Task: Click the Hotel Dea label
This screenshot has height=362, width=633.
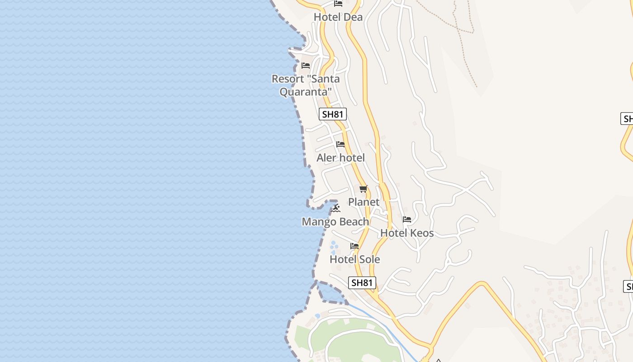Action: pos(338,17)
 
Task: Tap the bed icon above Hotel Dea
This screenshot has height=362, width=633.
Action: pos(338,4)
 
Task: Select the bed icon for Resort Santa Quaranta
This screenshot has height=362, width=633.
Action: pos(306,66)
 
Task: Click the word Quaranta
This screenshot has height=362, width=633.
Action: pos(306,92)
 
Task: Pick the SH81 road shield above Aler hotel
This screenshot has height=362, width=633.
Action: pos(333,114)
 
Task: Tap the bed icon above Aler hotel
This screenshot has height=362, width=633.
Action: pos(340,144)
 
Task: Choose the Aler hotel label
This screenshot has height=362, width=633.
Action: pos(340,158)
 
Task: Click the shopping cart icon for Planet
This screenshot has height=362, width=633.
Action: pos(364,189)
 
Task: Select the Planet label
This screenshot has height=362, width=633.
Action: pos(364,202)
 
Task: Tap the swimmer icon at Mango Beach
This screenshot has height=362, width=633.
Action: pos(335,208)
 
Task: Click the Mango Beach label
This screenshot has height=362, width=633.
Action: pos(335,222)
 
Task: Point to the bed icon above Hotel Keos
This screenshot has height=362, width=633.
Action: pos(407,220)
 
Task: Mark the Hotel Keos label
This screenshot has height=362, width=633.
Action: pos(407,233)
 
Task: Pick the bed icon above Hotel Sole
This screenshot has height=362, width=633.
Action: pos(354,246)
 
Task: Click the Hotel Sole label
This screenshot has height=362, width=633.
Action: pos(354,259)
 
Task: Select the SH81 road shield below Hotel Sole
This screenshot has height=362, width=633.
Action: pos(362,283)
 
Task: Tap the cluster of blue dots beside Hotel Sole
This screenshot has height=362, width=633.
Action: pos(334,248)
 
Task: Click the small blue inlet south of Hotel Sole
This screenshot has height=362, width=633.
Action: pos(330,293)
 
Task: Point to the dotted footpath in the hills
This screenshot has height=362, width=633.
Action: pos(466,50)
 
